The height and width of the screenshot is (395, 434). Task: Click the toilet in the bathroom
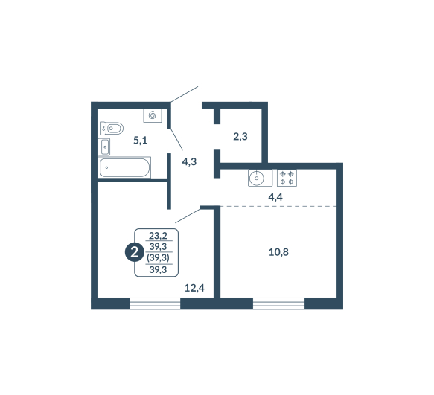click(x=112, y=129)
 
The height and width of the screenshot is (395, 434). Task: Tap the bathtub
click(x=124, y=167)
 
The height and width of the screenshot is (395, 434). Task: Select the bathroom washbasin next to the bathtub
click(x=103, y=147)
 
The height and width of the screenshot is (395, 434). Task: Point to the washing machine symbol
click(x=153, y=115)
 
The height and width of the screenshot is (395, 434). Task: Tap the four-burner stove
click(x=287, y=178)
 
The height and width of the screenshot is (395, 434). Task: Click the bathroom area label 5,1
click(x=141, y=141)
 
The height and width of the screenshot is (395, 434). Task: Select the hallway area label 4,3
click(x=189, y=161)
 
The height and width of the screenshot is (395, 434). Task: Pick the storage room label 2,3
click(x=240, y=137)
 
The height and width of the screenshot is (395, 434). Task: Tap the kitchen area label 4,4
click(x=275, y=197)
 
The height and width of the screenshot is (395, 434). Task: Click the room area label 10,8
click(x=278, y=252)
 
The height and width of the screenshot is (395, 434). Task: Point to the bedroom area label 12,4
click(x=194, y=288)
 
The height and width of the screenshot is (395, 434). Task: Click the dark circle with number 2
click(x=135, y=252)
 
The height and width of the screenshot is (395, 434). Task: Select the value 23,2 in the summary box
click(x=158, y=236)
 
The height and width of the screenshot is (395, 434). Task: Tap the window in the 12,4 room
click(x=155, y=304)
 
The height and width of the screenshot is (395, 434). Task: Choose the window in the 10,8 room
click(x=278, y=304)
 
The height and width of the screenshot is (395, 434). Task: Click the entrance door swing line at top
click(x=185, y=94)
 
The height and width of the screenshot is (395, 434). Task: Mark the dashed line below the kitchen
click(x=278, y=206)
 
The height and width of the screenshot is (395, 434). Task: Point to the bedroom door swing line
click(x=188, y=216)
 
